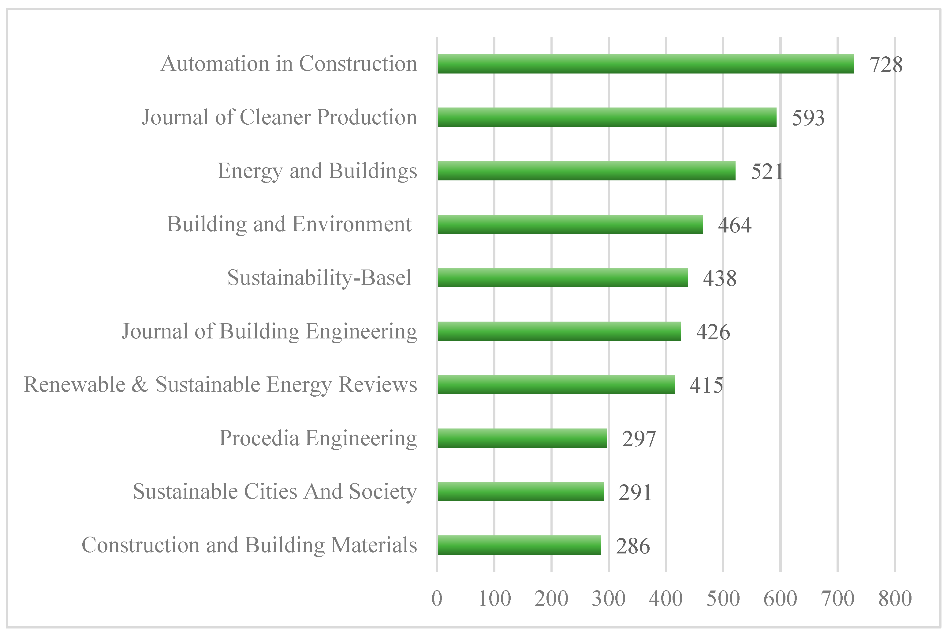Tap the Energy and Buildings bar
(586, 171)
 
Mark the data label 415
(706, 385)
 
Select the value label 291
(635, 492)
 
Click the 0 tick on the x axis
(437, 598)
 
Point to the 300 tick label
(608, 598)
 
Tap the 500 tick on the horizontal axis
(722, 598)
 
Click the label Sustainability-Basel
(319, 278)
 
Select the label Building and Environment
(289, 225)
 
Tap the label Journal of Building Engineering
(269, 332)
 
